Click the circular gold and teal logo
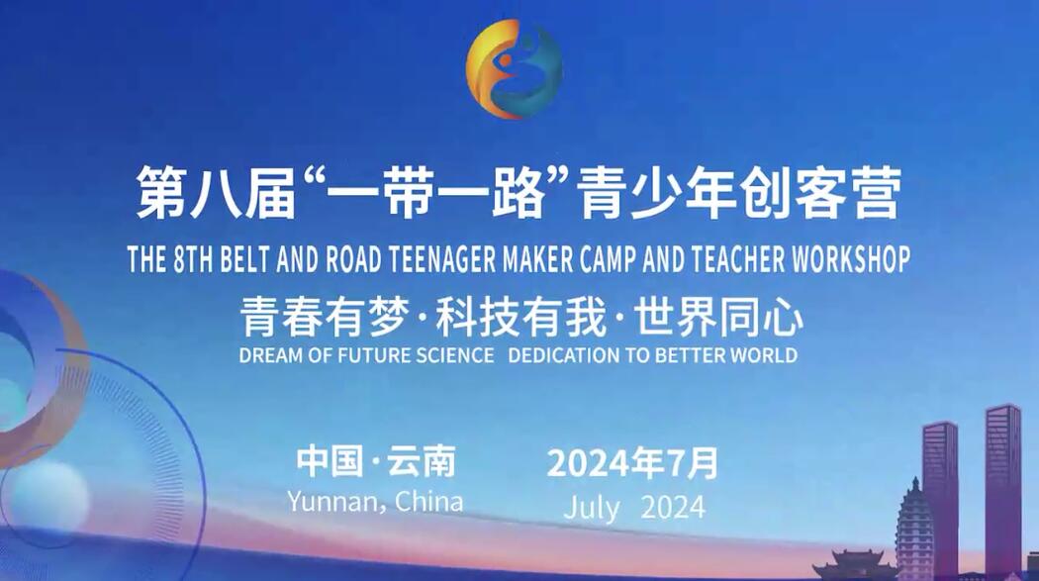(515, 69)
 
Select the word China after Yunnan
(429, 501)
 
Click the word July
(592, 509)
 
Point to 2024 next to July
(673, 508)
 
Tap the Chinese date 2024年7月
(633, 463)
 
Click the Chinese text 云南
(423, 461)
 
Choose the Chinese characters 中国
(330, 461)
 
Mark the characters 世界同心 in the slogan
(718, 317)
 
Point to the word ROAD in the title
(353, 259)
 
